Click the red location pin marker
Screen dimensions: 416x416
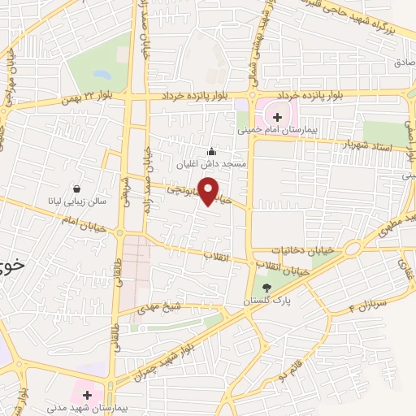click(209, 191)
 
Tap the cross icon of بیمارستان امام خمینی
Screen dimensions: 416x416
click(278, 117)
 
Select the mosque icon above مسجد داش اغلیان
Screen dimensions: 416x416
click(213, 150)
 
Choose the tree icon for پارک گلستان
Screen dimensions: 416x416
click(266, 288)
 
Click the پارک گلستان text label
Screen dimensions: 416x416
click(265, 301)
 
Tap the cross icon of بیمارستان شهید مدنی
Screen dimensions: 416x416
click(88, 394)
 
